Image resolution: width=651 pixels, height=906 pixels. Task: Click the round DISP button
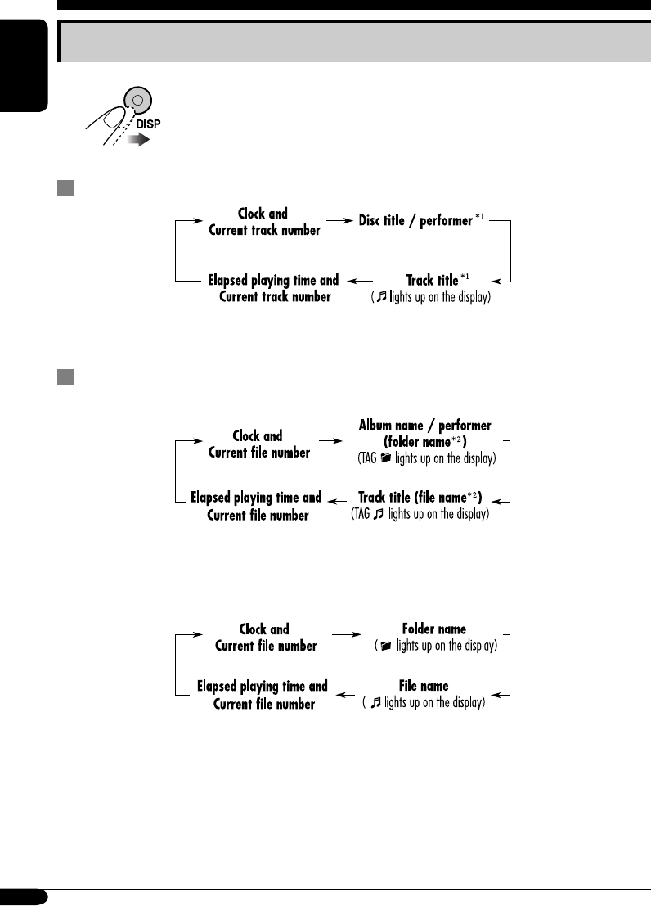(138, 101)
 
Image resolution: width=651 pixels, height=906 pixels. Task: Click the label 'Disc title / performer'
(415, 221)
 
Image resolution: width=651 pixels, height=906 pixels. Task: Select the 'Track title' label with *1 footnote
(432, 281)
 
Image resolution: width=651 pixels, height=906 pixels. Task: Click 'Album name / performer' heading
(425, 426)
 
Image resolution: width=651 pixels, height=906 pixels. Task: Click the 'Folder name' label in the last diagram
(433, 629)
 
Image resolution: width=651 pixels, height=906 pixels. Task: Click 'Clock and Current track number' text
(264, 222)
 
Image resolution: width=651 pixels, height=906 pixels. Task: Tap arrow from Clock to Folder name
(346, 633)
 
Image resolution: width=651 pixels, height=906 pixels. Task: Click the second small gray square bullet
(64, 377)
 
